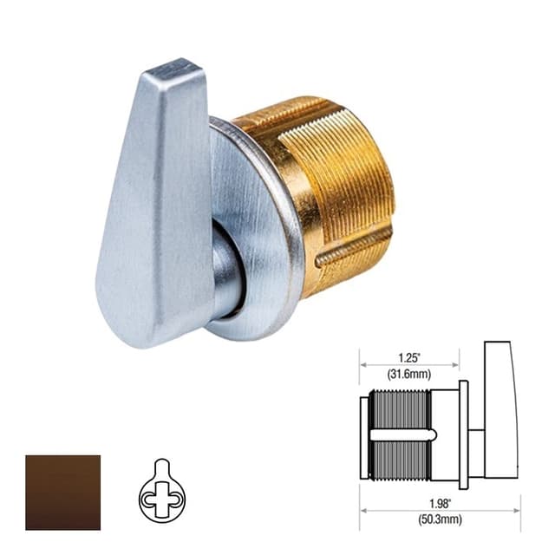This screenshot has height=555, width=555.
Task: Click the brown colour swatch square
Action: [62, 492]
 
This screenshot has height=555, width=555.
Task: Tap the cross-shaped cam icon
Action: [161, 493]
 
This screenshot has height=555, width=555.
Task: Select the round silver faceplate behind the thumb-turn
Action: [260, 234]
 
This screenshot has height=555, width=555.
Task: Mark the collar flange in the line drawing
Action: [463, 432]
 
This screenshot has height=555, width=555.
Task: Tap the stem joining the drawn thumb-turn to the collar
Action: [476, 432]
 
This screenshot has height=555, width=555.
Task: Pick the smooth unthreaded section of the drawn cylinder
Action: [445, 432]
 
